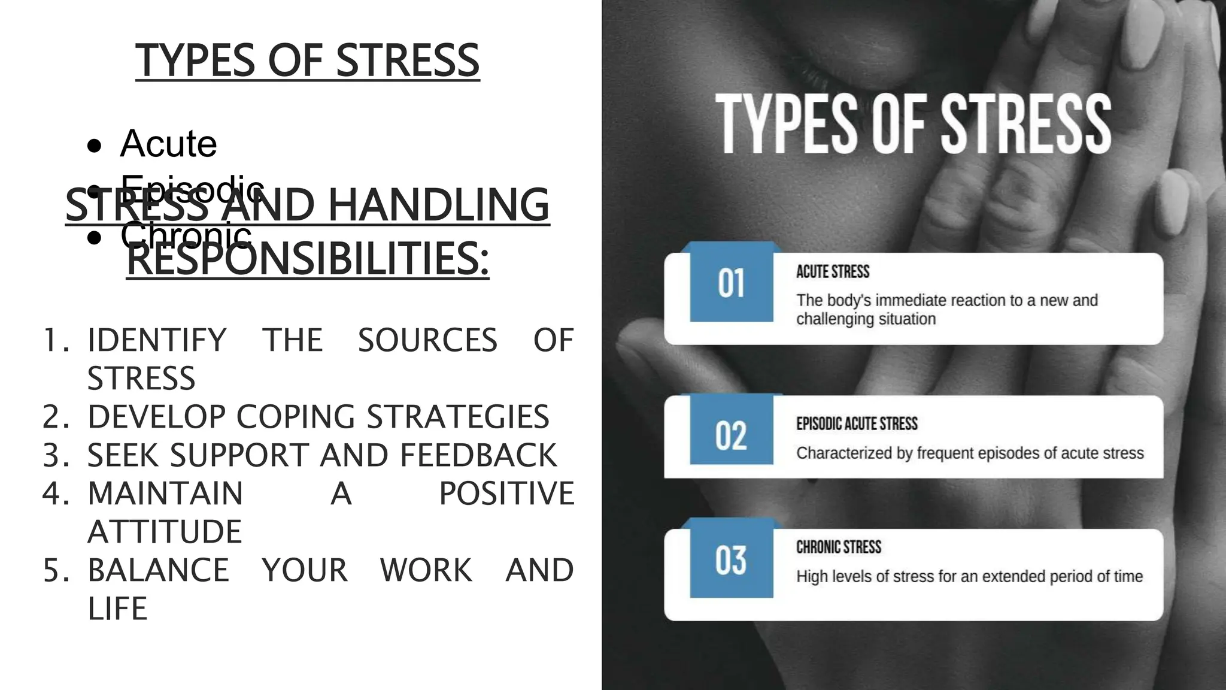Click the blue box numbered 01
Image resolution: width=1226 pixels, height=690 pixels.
731,283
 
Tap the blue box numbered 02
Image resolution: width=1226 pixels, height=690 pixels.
731,435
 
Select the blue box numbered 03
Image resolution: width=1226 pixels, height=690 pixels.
731,560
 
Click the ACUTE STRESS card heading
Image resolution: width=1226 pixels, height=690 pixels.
833,272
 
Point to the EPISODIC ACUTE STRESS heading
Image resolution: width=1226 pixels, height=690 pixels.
857,424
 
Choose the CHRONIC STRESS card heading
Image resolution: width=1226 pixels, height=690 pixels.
839,547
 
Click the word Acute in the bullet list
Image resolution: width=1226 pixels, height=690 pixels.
168,144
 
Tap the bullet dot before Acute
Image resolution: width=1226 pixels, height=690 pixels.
94,146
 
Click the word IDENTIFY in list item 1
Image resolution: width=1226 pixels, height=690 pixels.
157,340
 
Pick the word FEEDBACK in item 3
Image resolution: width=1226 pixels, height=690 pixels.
478,455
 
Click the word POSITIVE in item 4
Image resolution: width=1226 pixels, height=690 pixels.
506,494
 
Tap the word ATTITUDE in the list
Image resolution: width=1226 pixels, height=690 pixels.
165,532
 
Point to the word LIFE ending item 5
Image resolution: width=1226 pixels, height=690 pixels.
117,609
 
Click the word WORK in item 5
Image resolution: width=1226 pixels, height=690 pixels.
426,570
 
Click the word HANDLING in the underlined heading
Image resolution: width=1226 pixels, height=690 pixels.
438,205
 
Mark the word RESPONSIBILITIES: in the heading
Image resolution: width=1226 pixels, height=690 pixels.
308,259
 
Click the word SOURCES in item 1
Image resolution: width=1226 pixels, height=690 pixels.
427,340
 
